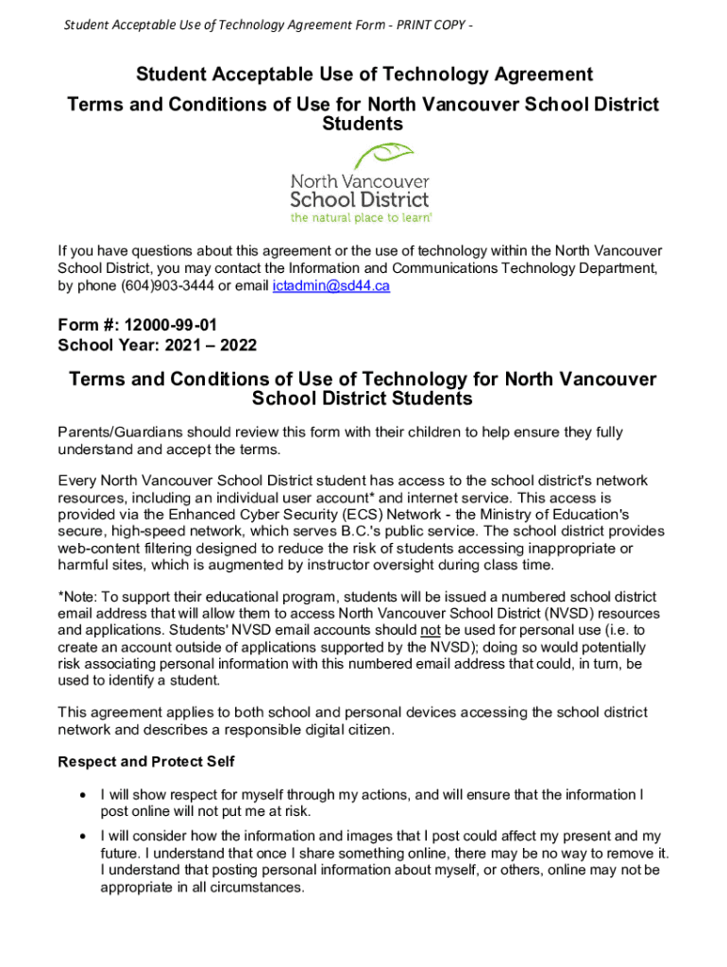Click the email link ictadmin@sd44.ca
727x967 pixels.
coord(330,286)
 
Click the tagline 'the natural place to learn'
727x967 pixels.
coord(361,217)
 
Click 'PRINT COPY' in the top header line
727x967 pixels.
coord(431,25)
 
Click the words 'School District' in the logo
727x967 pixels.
coord(359,199)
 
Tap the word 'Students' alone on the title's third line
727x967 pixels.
coord(363,125)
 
